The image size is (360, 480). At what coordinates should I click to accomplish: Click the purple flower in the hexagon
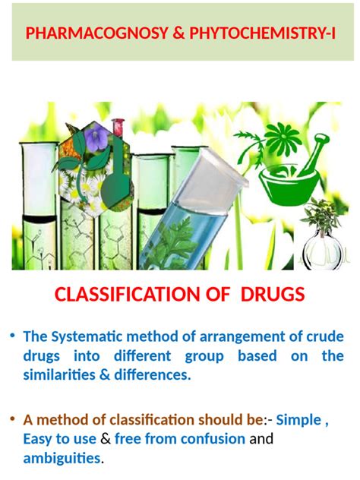(x=97, y=139)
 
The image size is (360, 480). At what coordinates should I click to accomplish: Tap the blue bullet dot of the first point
(x=12, y=335)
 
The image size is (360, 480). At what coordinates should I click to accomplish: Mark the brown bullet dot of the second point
(x=12, y=418)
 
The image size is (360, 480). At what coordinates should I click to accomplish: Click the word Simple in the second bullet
(x=300, y=420)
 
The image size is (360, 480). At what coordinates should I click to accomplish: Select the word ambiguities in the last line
(x=62, y=458)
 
